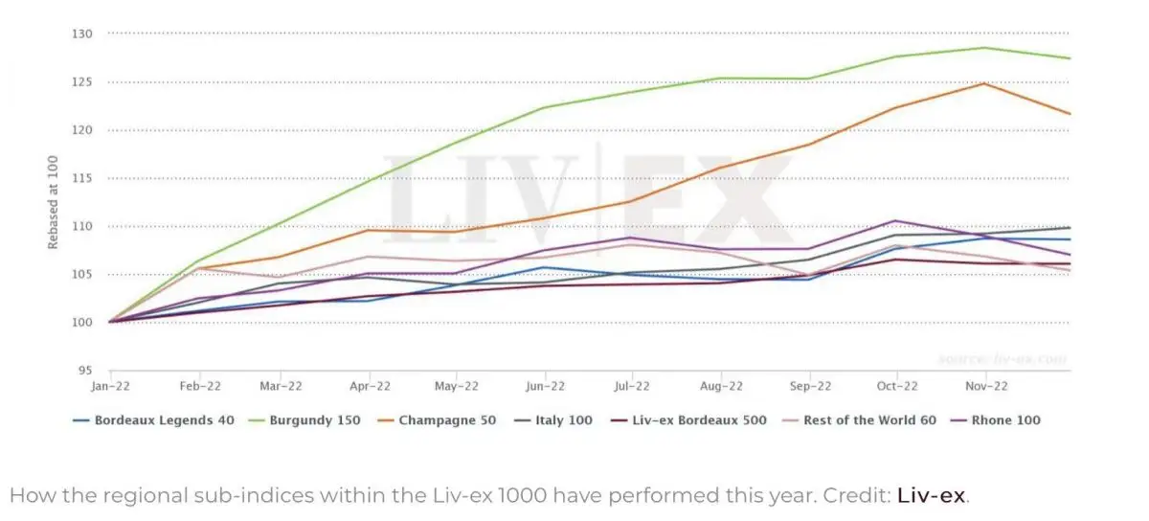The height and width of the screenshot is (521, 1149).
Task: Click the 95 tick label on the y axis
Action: [x=84, y=371]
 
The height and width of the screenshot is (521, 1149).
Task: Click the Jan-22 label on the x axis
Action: [x=110, y=386]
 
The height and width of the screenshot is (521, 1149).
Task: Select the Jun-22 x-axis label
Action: [x=545, y=386]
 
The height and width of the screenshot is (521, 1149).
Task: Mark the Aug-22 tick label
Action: [x=721, y=386]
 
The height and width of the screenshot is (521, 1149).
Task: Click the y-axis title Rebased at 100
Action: [x=54, y=202]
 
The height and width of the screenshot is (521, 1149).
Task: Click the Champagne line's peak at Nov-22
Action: [x=983, y=83]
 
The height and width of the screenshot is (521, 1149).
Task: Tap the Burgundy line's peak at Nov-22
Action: [x=983, y=48]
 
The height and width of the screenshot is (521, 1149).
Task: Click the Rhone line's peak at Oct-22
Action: [x=895, y=221]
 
